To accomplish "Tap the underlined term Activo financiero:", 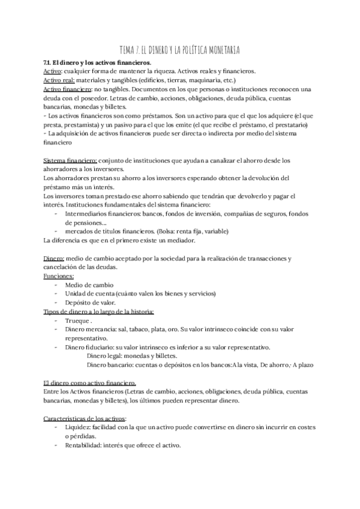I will tap(67, 89).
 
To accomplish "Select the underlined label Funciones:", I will tap(59, 276).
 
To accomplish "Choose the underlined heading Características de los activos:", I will tap(89, 418).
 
